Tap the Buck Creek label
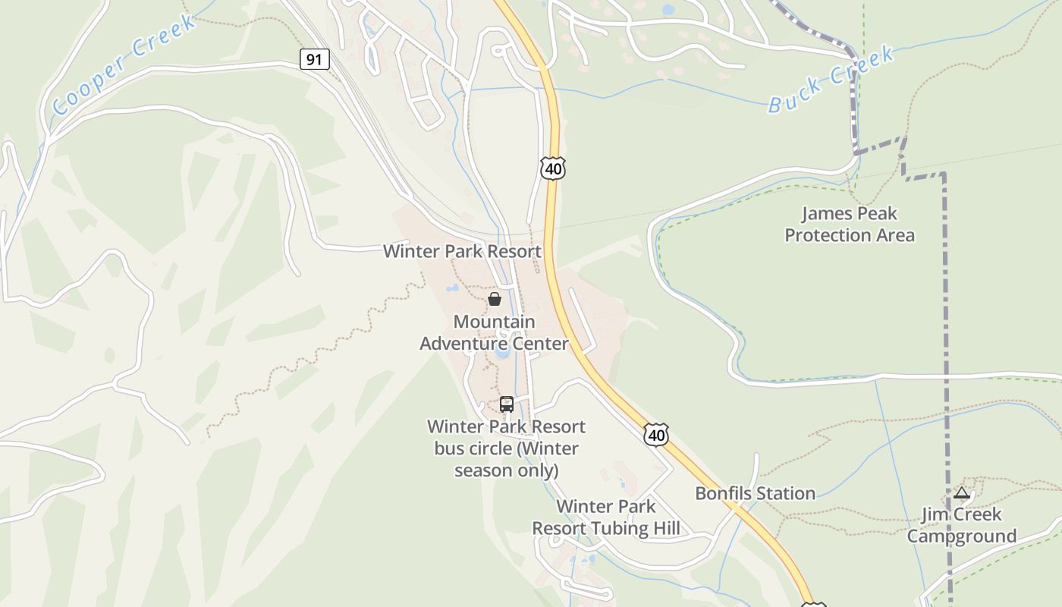[x=831, y=80]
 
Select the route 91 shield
[x=314, y=59]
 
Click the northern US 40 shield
[x=553, y=168]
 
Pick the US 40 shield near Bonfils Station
[x=656, y=435]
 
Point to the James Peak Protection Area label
[x=850, y=225]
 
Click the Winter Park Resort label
[x=462, y=251]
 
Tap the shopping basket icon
[x=495, y=299]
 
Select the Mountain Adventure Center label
[x=494, y=332]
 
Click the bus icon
[x=507, y=404]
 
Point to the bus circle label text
[x=506, y=448]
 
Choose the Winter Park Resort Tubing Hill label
[x=605, y=517]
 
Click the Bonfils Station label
[x=755, y=493]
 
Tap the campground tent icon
[x=962, y=493]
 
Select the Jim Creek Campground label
[x=962, y=525]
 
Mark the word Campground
[x=962, y=536]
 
